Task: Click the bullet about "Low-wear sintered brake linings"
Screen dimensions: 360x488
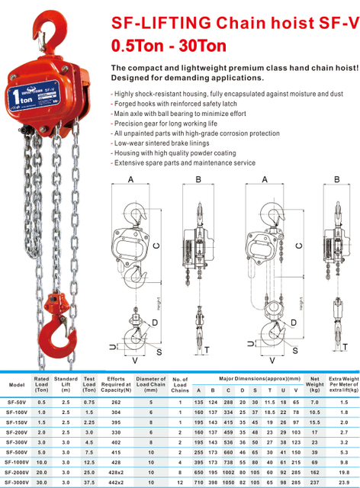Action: (169, 143)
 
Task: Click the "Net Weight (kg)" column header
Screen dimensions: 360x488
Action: (313, 384)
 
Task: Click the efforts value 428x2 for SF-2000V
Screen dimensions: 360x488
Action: (116, 473)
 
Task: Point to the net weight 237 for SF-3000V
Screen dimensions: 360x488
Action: (313, 482)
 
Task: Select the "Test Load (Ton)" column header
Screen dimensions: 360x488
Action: (89, 384)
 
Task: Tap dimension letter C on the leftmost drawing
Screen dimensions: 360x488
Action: (156, 246)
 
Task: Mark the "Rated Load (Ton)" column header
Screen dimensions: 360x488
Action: (42, 384)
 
